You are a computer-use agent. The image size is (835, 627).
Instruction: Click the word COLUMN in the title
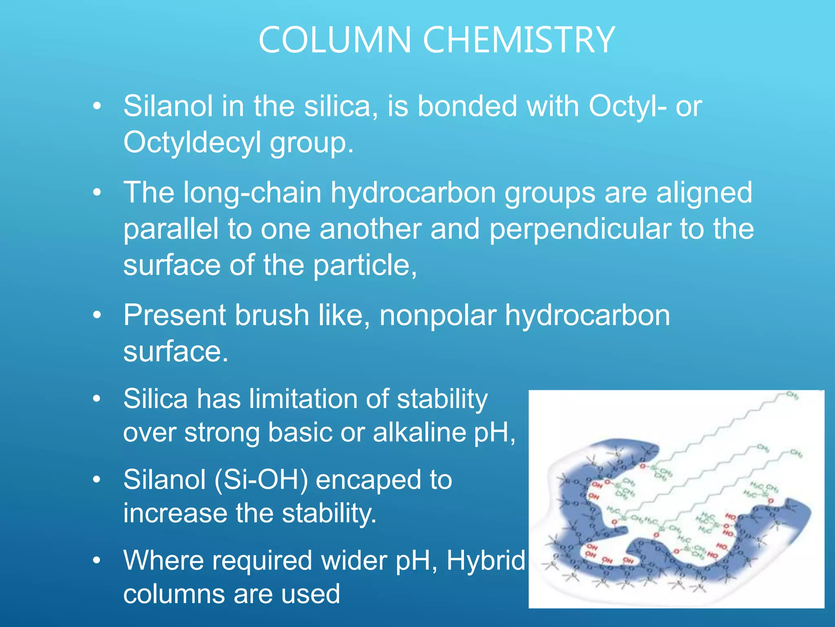tap(335, 40)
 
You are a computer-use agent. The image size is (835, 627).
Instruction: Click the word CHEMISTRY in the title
tap(519, 40)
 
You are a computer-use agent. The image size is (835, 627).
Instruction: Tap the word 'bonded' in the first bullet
tap(467, 107)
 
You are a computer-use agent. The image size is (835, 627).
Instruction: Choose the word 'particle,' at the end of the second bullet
tap(365, 265)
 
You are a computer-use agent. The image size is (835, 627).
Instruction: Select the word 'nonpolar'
tap(438, 316)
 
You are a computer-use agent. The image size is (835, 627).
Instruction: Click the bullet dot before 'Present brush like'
tap(97, 316)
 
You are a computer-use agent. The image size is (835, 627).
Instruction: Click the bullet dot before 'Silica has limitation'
tap(97, 398)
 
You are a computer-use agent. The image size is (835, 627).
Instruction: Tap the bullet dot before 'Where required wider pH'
tap(97, 560)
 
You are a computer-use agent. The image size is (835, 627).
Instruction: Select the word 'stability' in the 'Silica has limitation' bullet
tap(442, 398)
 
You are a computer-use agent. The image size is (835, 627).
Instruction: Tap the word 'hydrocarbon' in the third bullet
tap(587, 316)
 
